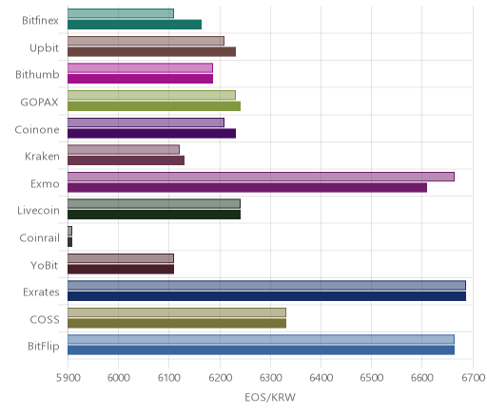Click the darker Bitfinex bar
tap(134, 25)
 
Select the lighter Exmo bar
tap(261, 177)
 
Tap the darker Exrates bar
tap(266, 296)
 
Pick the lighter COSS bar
tap(177, 312)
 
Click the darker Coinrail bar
tap(69, 242)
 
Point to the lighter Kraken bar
tap(124, 149)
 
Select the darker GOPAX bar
tap(154, 106)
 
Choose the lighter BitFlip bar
tap(261, 339)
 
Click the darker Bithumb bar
tap(140, 79)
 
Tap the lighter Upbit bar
tap(146, 41)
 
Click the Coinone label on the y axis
tap(37, 130)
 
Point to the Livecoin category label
tap(38, 211)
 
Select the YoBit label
tap(45, 265)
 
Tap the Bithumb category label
tap(37, 75)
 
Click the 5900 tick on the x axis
tap(68, 378)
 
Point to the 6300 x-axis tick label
tap(270, 378)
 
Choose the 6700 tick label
tap(474, 378)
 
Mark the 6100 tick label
tap(169, 378)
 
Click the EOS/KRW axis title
tap(270, 397)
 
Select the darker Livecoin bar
tap(154, 215)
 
